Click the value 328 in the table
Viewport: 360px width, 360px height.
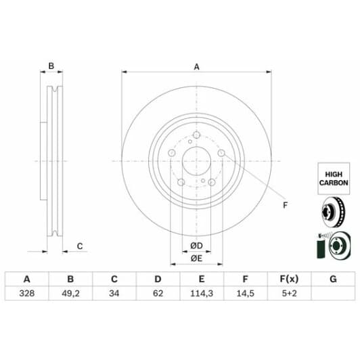point(27,294)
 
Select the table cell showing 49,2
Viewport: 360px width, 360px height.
point(70,294)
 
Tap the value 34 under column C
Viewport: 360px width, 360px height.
point(114,294)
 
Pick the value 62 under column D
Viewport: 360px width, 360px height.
point(158,294)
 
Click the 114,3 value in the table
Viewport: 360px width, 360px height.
point(202,294)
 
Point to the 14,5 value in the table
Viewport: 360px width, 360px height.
point(245,294)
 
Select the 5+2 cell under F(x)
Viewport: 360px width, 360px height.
point(289,294)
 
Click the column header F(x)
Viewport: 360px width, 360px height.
point(289,279)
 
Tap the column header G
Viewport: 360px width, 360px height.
point(332,279)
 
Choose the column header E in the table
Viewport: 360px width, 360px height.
point(202,279)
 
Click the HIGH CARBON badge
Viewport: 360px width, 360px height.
point(334,177)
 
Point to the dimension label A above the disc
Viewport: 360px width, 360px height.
point(197,67)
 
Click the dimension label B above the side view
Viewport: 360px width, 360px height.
point(50,66)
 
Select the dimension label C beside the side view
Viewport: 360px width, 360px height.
point(79,246)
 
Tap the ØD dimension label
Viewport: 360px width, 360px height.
point(197,244)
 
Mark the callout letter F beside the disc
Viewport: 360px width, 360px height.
point(285,206)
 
